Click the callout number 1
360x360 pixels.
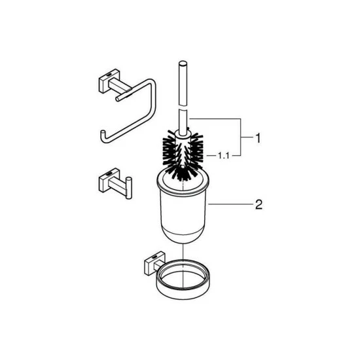point(259,139)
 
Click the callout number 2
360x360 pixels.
point(259,204)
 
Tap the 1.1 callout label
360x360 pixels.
point(223,156)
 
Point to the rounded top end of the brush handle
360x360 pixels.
point(183,63)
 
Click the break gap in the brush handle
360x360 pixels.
point(183,108)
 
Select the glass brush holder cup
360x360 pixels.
point(183,207)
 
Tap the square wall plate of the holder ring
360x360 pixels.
point(154,263)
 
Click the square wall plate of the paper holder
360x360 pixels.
point(109,82)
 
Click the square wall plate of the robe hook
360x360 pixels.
point(109,181)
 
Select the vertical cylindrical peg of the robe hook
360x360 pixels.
point(129,188)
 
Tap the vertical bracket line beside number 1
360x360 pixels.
point(240,137)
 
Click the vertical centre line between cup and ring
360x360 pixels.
point(183,266)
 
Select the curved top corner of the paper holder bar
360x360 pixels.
point(152,83)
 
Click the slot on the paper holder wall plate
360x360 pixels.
point(109,74)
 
